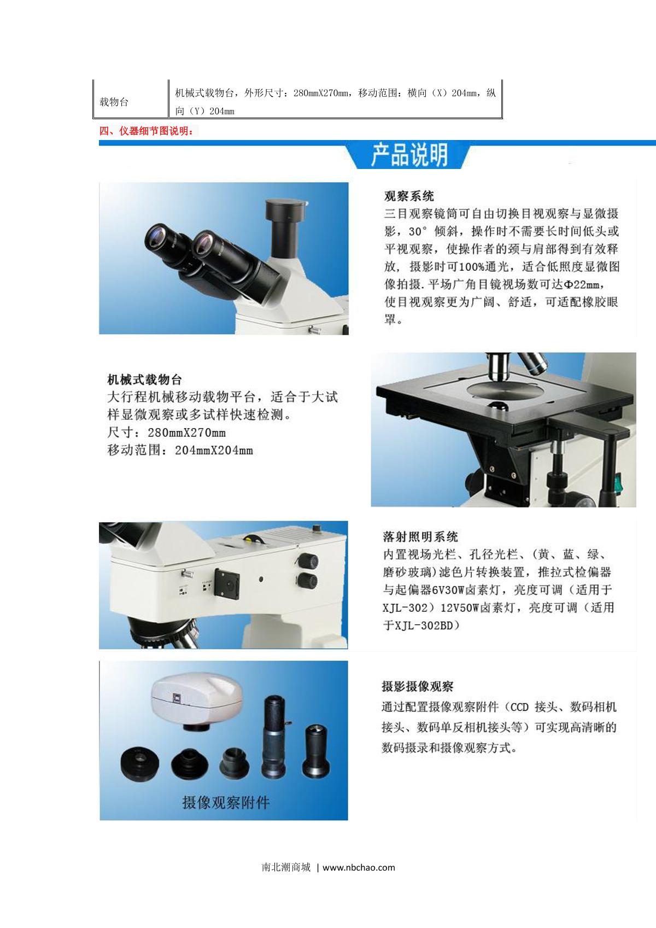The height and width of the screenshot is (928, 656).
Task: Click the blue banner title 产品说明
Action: pyautogui.click(x=409, y=155)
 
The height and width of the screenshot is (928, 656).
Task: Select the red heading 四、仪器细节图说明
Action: pyautogui.click(x=146, y=131)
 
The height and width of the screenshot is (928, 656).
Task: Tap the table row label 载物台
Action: pyautogui.click(x=114, y=102)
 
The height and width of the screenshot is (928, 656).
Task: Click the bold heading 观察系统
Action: pyautogui.click(x=409, y=196)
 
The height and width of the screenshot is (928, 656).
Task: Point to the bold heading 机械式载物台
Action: pyautogui.click(x=144, y=380)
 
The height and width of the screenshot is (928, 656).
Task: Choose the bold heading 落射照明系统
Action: pyautogui.click(x=420, y=536)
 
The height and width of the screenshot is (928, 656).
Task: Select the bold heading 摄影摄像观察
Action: pyautogui.click(x=418, y=686)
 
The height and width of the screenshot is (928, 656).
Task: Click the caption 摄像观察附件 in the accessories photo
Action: pyautogui.click(x=226, y=803)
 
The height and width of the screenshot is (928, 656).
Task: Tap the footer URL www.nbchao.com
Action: pyautogui.click(x=359, y=867)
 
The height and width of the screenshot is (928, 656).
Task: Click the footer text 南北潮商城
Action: pyautogui.click(x=286, y=867)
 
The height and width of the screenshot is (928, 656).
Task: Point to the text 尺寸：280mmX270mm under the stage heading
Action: pyautogui.click(x=167, y=433)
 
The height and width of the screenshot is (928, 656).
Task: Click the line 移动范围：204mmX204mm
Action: pyautogui.click(x=180, y=451)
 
